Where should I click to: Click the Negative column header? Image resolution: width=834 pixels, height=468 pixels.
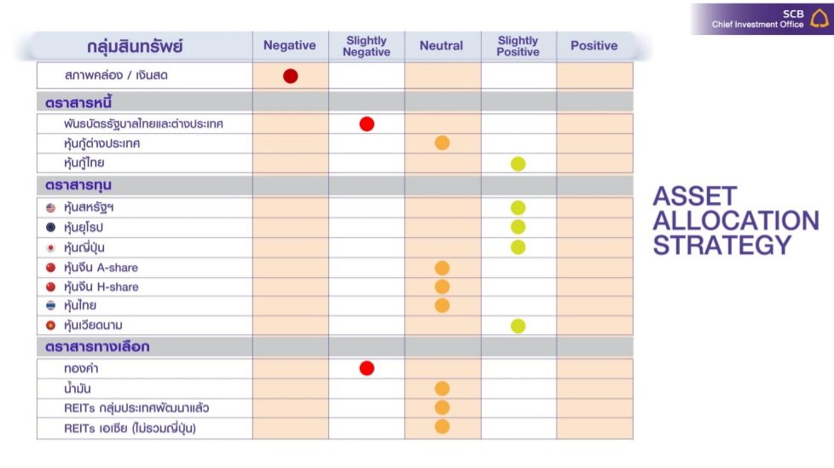tap(289, 46)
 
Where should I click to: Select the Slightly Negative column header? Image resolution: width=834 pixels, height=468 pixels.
tap(367, 46)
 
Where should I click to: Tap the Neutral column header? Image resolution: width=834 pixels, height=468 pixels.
tap(442, 46)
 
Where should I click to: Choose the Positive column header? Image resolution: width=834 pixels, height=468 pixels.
tap(594, 46)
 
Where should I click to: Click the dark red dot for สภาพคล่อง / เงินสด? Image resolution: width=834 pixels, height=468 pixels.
tap(290, 76)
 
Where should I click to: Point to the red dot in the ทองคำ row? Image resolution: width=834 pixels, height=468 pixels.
tap(367, 368)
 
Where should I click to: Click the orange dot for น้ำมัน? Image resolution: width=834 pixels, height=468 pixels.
tap(442, 389)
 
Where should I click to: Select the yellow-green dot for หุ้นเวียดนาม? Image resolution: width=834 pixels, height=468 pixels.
tap(518, 326)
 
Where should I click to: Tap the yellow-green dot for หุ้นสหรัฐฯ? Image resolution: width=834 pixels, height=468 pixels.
tap(518, 208)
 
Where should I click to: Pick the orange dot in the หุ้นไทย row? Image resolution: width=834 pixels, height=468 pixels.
tap(442, 305)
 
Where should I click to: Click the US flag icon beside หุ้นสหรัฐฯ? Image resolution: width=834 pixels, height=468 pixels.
tap(51, 208)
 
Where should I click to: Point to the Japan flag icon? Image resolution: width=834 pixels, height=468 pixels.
tap(51, 248)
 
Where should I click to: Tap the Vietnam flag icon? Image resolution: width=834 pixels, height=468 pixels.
tap(51, 326)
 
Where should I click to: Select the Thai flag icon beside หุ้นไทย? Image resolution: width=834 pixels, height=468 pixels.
tap(51, 306)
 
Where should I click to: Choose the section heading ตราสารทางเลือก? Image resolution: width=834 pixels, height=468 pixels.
tap(97, 347)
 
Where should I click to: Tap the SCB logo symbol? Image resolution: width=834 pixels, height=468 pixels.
tap(820, 18)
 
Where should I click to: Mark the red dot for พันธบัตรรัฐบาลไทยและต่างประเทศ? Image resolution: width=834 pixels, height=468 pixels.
tap(367, 124)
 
